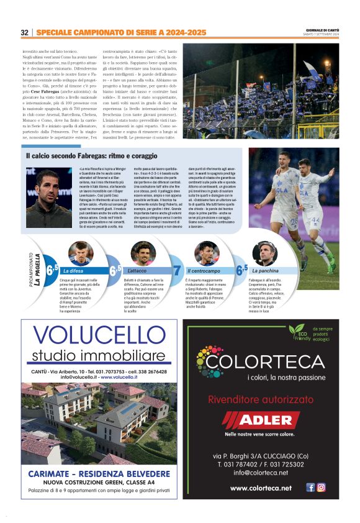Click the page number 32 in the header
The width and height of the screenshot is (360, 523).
click(x=25, y=32)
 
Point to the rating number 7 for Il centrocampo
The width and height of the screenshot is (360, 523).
click(x=177, y=270)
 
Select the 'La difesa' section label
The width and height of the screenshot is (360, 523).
click(x=75, y=271)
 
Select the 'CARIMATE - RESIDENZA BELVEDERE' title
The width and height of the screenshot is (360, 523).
click(x=99, y=474)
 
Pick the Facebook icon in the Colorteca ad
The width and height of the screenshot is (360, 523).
click(x=310, y=488)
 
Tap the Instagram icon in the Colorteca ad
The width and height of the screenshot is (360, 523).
click(x=321, y=488)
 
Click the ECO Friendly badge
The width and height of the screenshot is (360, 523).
click(x=298, y=331)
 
